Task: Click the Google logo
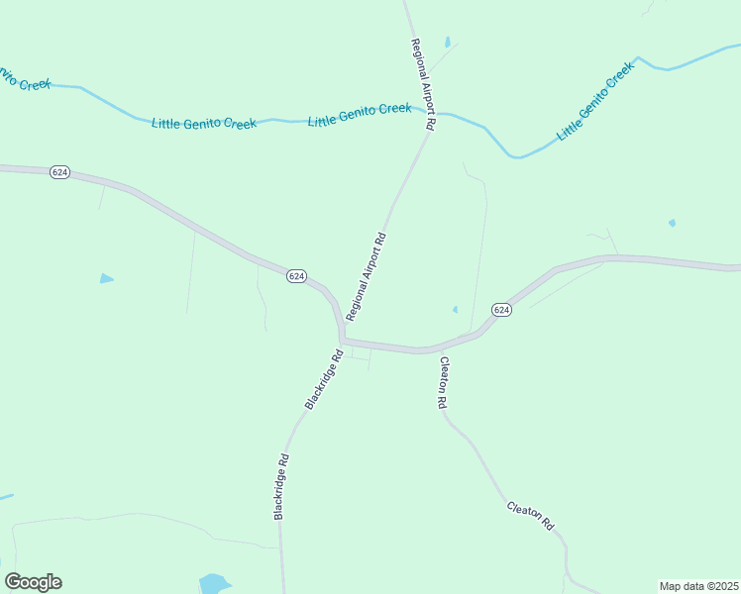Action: click(33, 582)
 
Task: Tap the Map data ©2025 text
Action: click(699, 586)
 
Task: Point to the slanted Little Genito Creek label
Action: click(593, 102)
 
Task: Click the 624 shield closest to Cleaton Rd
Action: click(501, 310)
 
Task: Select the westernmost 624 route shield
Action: click(59, 172)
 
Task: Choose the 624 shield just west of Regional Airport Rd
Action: click(296, 276)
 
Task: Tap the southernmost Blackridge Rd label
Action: click(281, 486)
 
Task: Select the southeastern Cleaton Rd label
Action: click(530, 516)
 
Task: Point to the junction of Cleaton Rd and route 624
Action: click(434, 349)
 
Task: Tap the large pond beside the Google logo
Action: click(214, 582)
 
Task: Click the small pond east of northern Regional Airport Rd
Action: click(447, 43)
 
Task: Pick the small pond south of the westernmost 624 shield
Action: click(106, 279)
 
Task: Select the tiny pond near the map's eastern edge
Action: click(672, 223)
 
